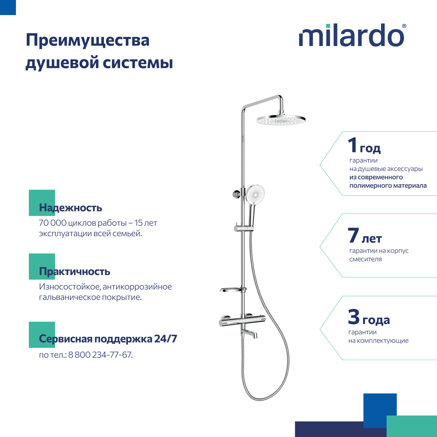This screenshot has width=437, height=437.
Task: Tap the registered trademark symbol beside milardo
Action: [404, 26]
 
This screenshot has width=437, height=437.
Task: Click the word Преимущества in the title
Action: [87, 40]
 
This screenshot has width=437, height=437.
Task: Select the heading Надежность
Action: [71, 208]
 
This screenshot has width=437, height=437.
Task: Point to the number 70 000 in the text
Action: [53, 223]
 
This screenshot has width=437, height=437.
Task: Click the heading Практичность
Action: [75, 272]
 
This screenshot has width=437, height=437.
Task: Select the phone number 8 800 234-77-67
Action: [100, 355]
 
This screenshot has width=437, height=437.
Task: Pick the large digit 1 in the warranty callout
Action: [353, 145]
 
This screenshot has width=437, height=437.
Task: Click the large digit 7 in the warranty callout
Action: [353, 235]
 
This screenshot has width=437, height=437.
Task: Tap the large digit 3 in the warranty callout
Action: [354, 317]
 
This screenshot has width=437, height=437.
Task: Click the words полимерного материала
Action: [388, 186]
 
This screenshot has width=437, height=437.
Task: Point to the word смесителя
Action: [365, 259]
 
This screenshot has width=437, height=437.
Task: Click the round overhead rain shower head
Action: [281, 120]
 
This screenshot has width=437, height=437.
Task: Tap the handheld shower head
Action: [255, 194]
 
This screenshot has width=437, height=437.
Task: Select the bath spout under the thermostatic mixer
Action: [249, 333]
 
